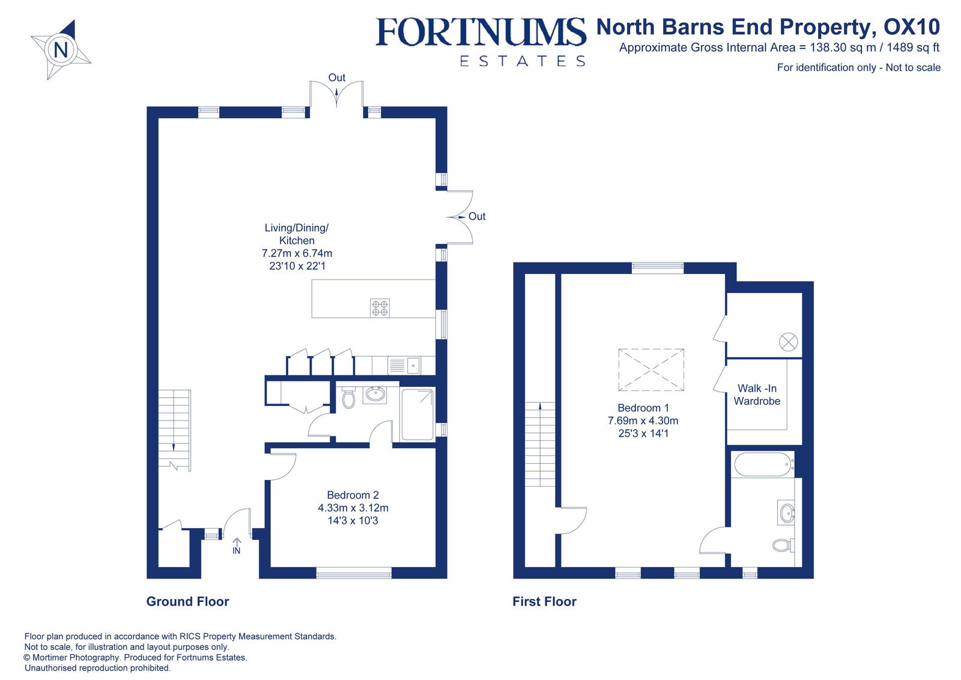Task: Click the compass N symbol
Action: (x=61, y=49)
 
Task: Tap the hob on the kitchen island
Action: (x=380, y=308)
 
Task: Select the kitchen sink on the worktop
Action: (x=404, y=365)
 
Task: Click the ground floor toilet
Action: (x=348, y=398)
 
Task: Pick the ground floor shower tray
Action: (x=417, y=414)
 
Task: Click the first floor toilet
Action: (x=782, y=545)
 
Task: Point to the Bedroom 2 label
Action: (x=353, y=496)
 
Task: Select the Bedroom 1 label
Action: (x=643, y=408)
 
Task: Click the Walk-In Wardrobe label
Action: (x=757, y=395)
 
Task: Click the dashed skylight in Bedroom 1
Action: (x=651, y=369)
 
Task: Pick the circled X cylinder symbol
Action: (x=788, y=342)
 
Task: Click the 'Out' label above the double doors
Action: (x=336, y=77)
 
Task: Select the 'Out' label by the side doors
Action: (x=477, y=216)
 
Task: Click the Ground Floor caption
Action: (x=187, y=601)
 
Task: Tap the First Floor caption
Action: (x=544, y=601)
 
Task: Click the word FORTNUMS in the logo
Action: (x=480, y=32)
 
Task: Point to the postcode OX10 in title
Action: (x=911, y=27)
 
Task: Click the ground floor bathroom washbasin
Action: (x=376, y=395)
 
